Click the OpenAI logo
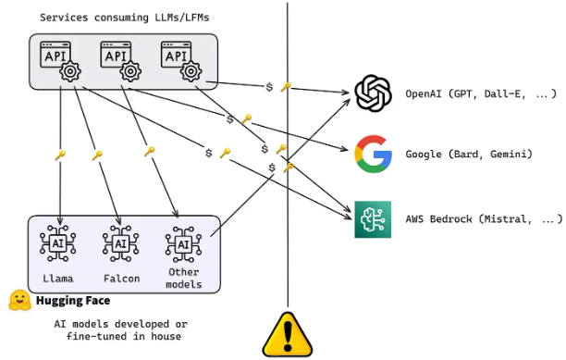pyautogui.click(x=374, y=93)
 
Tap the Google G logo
pyautogui.click(x=374, y=154)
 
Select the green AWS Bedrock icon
pyautogui.click(x=373, y=219)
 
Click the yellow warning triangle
pyautogui.click(x=288, y=335)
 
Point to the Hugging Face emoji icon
pyautogui.click(x=19, y=301)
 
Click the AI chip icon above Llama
pyautogui.click(x=57, y=243)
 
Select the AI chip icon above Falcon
pyautogui.click(x=120, y=243)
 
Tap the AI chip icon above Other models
pyautogui.click(x=183, y=244)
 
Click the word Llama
pyautogui.click(x=58, y=279)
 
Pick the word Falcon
pyautogui.click(x=122, y=279)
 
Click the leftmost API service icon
pyautogui.click(x=60, y=61)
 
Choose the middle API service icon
pyautogui.click(x=120, y=61)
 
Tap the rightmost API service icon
pyautogui.click(x=181, y=61)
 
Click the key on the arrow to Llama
pyautogui.click(x=60, y=155)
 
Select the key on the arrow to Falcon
pyautogui.click(x=97, y=155)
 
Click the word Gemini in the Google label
pyautogui.click(x=511, y=155)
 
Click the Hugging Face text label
pyautogui.click(x=73, y=301)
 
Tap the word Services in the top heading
pyautogui.click(x=64, y=18)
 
